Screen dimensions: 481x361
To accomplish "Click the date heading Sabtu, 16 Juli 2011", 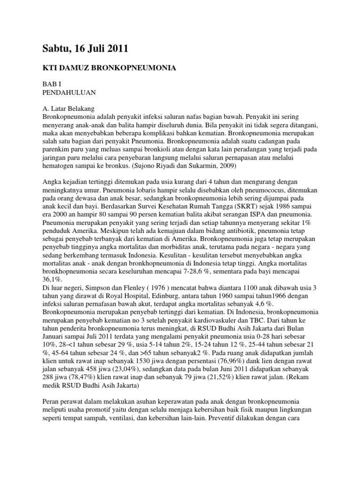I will pos(85,48).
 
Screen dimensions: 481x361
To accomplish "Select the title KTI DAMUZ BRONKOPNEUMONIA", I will pos(110,69).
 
